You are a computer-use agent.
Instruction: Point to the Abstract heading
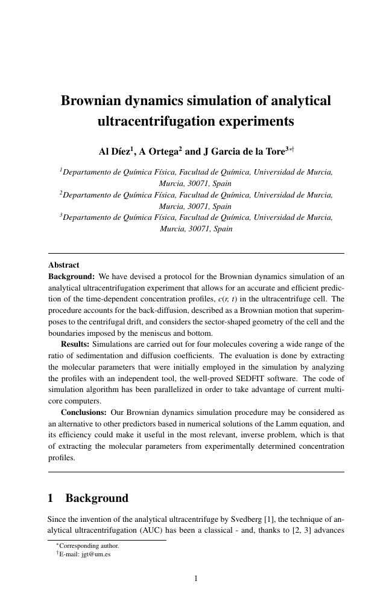[63, 265]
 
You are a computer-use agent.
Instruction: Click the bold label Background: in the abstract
[71, 275]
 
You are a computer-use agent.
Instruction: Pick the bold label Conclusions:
[84, 413]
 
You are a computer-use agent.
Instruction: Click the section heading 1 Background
[87, 499]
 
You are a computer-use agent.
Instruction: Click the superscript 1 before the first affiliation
[61, 171]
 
